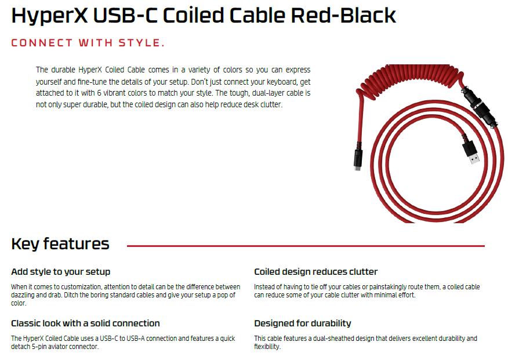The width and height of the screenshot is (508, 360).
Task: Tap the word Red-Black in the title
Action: click(343, 15)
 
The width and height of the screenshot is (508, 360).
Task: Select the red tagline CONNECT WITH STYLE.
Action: click(88, 43)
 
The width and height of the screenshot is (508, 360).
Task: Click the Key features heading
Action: click(60, 244)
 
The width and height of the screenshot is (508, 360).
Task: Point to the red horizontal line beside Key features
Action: click(306, 246)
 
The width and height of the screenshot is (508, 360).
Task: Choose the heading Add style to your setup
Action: click(60, 272)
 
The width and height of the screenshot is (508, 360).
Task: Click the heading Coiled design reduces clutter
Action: click(316, 272)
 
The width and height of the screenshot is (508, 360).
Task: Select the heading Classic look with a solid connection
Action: click(85, 323)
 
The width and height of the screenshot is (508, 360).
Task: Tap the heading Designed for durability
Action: click(303, 323)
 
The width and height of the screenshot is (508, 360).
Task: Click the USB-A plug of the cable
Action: click(471, 151)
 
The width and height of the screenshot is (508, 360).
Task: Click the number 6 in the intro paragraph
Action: click(99, 93)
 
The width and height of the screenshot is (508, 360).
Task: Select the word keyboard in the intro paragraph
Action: click(281, 82)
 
